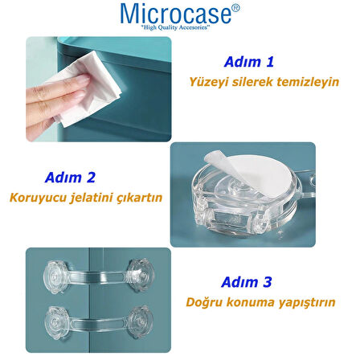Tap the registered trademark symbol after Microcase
coord(235,7)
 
